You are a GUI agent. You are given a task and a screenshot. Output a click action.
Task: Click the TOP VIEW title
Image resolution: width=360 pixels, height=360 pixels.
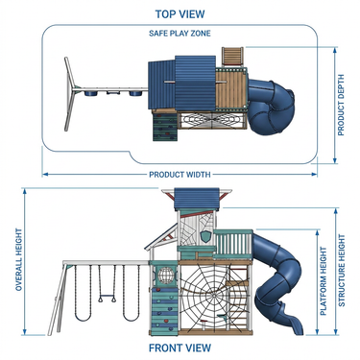pos(180,14)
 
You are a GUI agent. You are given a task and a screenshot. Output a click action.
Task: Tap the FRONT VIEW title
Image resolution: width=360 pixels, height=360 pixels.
pos(180,348)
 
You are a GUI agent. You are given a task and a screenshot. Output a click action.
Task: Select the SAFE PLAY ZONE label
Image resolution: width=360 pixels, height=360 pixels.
pos(180,34)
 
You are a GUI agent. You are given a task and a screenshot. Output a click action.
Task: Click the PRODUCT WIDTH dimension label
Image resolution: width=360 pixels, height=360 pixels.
pos(180,175)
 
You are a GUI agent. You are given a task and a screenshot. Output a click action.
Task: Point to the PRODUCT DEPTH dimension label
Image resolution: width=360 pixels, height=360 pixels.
pos(341,105)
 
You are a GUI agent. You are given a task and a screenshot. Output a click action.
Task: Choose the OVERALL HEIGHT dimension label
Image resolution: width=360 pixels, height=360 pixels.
pos(19,260)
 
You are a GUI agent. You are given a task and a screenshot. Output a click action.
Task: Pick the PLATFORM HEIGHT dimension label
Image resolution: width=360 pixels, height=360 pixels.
pos(324,281)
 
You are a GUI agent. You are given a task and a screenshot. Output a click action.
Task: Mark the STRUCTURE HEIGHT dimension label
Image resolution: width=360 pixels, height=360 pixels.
pos(342,271)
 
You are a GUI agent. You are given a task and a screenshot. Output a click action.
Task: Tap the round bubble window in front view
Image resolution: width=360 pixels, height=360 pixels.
pos(166,275)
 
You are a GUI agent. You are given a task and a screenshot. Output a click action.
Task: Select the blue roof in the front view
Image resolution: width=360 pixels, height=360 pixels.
pos(197,199)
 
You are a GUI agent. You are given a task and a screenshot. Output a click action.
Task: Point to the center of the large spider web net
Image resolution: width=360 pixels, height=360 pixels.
pos(213,295)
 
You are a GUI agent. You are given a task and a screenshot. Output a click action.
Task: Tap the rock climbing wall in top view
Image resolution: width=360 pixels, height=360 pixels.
pos(165,127)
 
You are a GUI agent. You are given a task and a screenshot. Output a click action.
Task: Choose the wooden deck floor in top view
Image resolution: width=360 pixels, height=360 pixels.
pos(230,90)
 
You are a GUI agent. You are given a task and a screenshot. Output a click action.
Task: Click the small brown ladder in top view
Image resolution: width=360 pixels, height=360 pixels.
pos(232,57)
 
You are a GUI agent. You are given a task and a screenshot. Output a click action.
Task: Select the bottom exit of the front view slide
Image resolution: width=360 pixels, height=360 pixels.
pos(297,329)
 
